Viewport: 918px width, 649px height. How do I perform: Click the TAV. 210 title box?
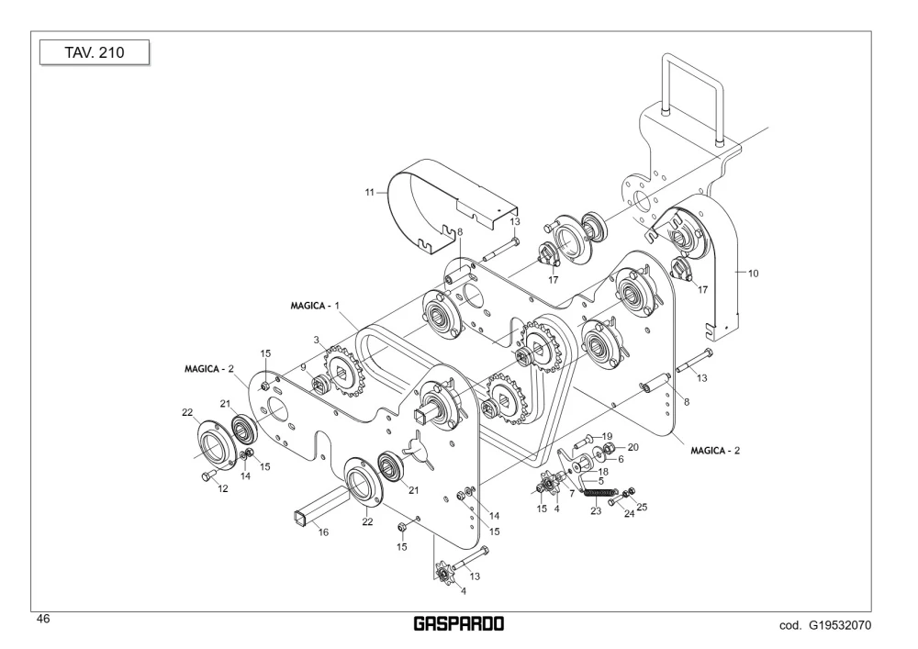(x=95, y=52)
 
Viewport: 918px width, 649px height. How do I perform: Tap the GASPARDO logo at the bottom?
(x=458, y=624)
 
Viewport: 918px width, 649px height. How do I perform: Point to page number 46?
(x=43, y=619)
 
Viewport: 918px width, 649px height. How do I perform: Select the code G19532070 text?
(x=825, y=625)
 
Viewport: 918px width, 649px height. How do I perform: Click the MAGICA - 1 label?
(x=315, y=306)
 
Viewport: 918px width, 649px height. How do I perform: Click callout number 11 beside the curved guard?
(x=369, y=192)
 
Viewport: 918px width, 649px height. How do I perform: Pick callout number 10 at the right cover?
(x=753, y=274)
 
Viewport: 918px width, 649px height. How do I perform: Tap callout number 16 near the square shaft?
(x=323, y=532)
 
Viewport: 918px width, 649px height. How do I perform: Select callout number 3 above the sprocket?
(x=316, y=340)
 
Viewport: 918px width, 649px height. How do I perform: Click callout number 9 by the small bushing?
(x=303, y=367)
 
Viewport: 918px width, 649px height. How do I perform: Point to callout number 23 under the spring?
(x=596, y=511)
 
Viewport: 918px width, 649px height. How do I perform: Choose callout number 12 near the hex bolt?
(x=223, y=488)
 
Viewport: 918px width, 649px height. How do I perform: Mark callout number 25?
(x=642, y=507)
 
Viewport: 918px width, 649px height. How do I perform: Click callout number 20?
(x=633, y=447)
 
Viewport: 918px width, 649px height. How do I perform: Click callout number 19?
(x=607, y=436)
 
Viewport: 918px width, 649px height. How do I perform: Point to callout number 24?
(x=630, y=514)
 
